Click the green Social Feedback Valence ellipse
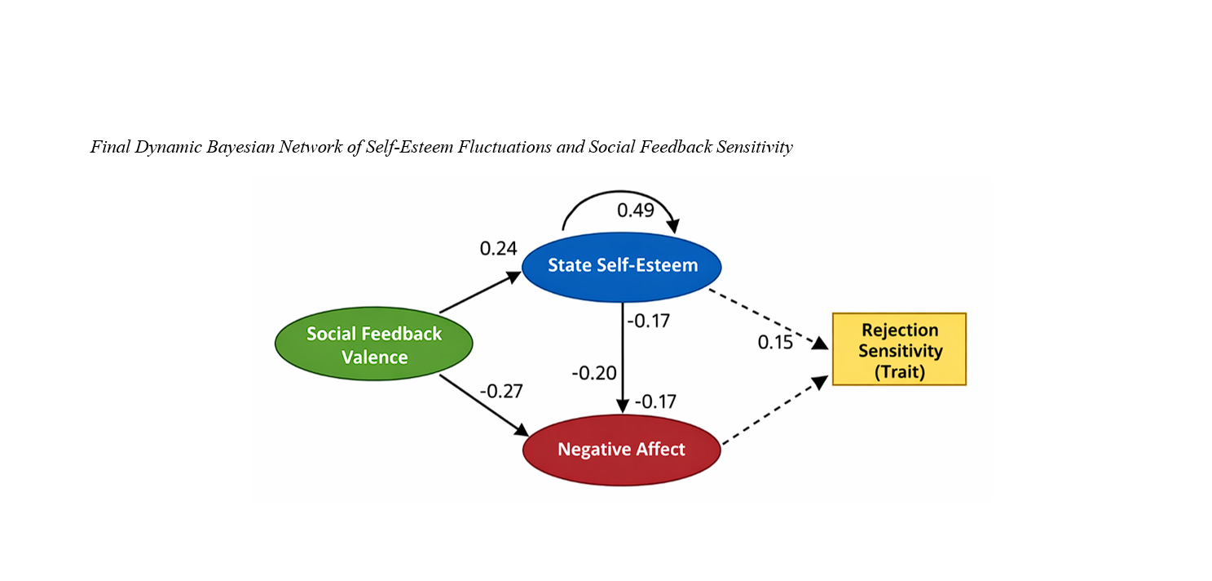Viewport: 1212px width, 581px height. [374, 345]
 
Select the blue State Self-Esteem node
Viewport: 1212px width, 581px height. [622, 265]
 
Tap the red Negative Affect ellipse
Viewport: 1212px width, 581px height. [621, 450]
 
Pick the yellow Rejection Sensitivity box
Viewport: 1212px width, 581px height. [899, 349]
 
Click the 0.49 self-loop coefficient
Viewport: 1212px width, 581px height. [635, 210]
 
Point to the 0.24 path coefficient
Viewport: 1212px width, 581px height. [498, 248]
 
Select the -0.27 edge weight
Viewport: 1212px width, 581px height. [500, 390]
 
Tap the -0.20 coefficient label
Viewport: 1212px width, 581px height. [594, 373]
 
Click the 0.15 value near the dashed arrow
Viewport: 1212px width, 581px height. [774, 342]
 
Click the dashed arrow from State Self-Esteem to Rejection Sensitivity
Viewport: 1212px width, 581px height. [766, 317]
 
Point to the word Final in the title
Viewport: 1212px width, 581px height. [107, 148]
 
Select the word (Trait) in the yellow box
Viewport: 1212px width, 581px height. [899, 372]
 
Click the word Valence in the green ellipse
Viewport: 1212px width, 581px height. [374, 357]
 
